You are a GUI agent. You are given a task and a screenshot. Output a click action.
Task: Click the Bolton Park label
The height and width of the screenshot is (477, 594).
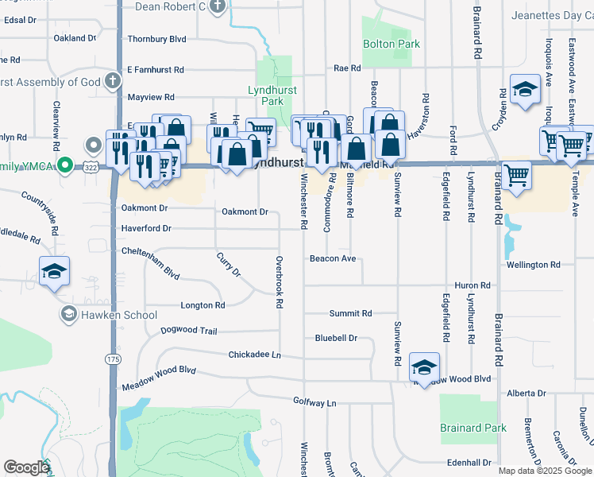click(x=391, y=45)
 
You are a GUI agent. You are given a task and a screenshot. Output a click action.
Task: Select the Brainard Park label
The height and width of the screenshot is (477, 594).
click(x=473, y=428)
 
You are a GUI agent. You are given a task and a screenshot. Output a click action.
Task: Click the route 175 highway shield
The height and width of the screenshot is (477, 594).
click(x=111, y=359)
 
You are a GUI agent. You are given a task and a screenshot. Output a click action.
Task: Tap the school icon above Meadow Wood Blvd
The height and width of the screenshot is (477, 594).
click(x=424, y=367)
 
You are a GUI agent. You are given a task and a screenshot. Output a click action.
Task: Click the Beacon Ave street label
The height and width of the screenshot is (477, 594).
click(x=332, y=259)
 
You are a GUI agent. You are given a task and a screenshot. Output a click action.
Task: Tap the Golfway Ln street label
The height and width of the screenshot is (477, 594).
click(x=314, y=403)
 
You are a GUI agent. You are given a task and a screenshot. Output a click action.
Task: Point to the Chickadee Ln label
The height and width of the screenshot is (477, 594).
click(x=254, y=355)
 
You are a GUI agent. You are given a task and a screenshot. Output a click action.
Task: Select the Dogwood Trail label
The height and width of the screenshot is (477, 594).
click(x=188, y=331)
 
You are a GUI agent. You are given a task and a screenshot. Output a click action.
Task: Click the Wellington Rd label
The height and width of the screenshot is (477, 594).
click(x=533, y=265)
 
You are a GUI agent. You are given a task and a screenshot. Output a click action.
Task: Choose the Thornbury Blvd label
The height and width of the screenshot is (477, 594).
click(x=156, y=38)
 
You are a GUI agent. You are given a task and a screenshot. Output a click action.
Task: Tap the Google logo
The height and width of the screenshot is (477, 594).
click(x=26, y=467)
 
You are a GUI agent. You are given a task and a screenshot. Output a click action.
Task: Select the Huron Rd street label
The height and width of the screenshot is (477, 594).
click(x=472, y=285)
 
